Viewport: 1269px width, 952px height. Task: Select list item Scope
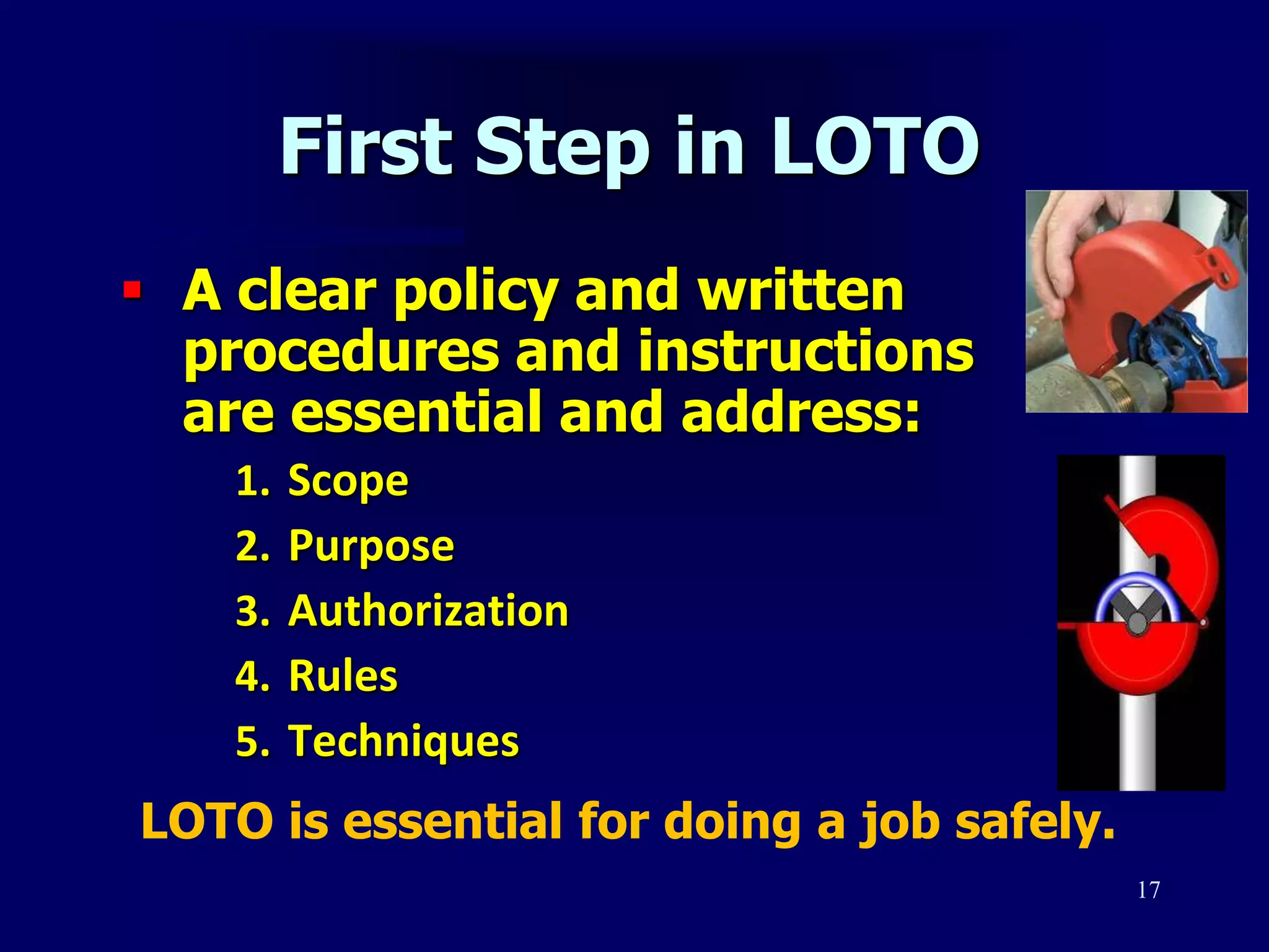348,481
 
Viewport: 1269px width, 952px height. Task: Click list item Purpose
371,547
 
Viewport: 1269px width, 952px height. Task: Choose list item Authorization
428,611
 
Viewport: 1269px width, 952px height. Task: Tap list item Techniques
403,741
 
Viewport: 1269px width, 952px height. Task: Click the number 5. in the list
253,741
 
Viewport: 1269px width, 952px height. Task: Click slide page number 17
1148,890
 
